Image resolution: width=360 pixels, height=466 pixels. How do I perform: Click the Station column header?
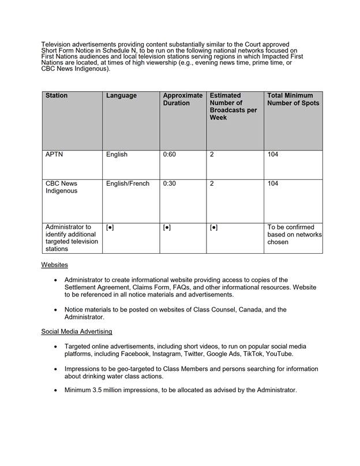57,96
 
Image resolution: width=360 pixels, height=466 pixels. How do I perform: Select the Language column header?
121,96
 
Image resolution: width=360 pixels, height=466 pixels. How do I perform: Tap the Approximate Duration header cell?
182,99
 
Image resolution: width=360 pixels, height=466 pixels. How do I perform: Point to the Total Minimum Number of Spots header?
292,99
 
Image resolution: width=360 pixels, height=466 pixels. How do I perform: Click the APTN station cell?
54,155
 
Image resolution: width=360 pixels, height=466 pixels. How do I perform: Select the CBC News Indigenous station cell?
62,187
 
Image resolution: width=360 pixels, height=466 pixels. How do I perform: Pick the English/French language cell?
127,184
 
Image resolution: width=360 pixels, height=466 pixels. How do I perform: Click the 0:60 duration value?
170,155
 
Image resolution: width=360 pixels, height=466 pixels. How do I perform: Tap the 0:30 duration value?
170,184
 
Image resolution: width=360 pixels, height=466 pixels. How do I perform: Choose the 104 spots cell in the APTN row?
273,155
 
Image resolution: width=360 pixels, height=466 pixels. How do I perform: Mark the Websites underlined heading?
54,265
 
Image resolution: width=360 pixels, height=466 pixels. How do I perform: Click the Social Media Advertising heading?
77,332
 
